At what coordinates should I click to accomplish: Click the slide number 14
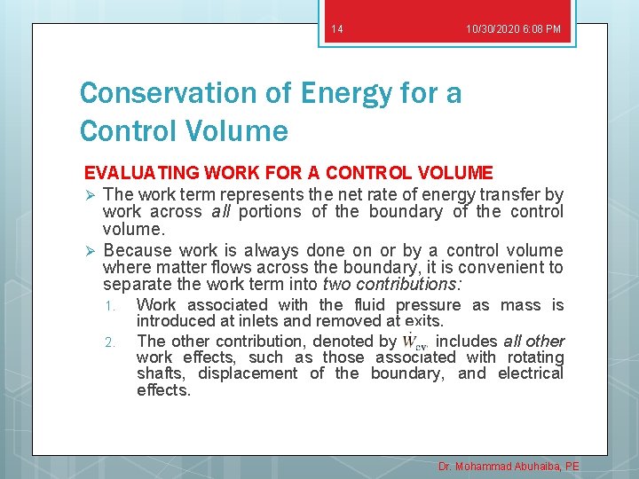[x=336, y=30]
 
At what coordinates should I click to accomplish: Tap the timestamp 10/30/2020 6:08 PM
[x=513, y=30]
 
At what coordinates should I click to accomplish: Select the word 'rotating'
[x=531, y=357]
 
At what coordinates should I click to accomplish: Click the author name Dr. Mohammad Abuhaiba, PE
[x=509, y=466]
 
